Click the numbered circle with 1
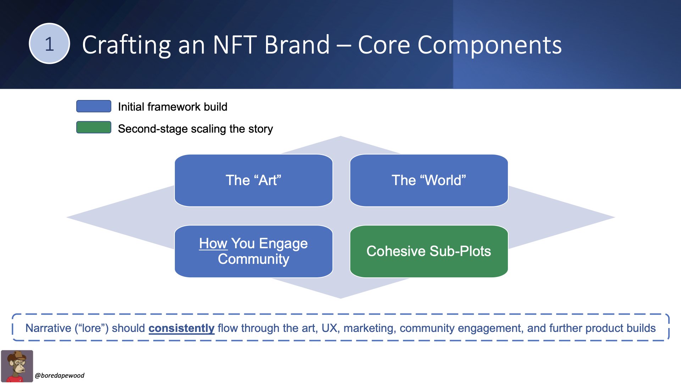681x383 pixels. click(49, 44)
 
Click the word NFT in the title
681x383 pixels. click(235, 45)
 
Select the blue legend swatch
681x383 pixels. click(94, 106)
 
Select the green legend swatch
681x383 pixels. click(94, 127)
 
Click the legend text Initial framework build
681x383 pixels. click(173, 107)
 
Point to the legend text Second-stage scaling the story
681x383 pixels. click(195, 129)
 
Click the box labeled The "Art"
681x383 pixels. click(254, 181)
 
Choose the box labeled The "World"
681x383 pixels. click(429, 181)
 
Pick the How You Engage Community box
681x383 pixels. click(254, 251)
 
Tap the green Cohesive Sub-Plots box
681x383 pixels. click(429, 251)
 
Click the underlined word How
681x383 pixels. click(213, 244)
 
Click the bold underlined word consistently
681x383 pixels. click(181, 328)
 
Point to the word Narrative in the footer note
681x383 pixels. click(48, 328)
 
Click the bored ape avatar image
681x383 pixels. click(17, 366)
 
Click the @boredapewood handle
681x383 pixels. click(60, 376)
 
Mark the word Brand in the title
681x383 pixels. click(297, 45)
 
